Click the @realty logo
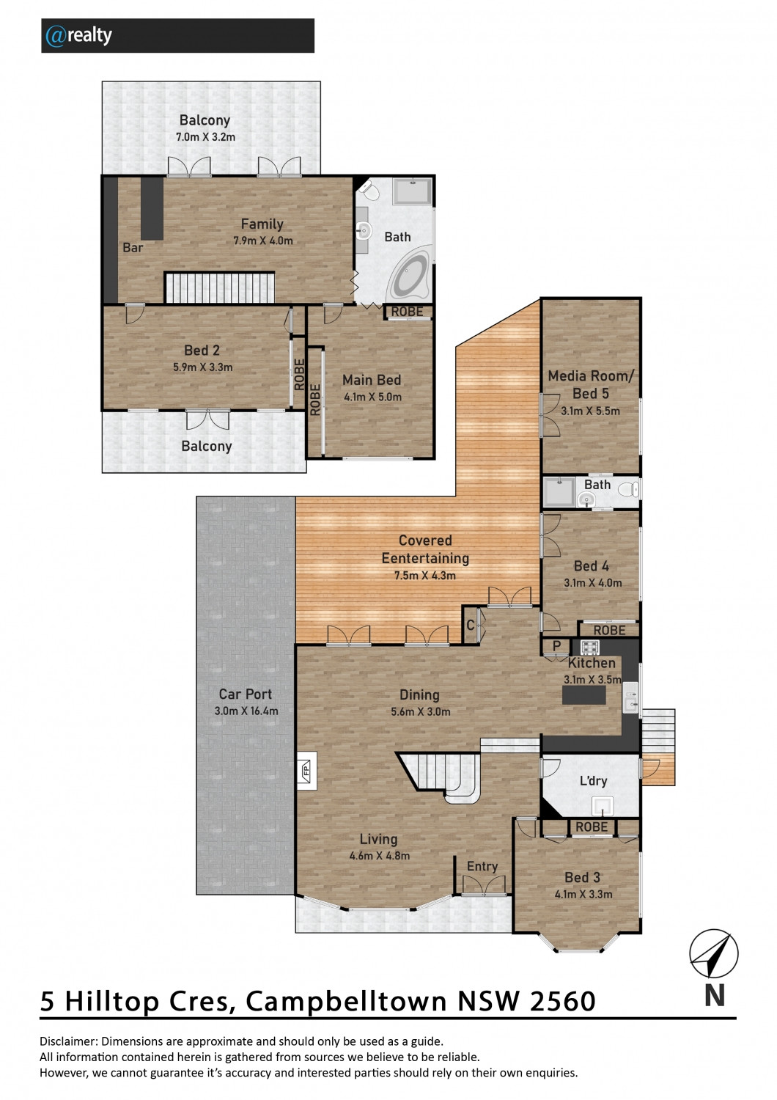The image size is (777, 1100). [78, 35]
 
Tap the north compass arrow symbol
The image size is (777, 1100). [714, 954]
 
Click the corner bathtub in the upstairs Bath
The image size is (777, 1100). [408, 276]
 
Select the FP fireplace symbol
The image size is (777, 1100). [306, 770]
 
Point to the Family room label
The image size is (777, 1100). [262, 224]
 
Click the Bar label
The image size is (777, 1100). [133, 247]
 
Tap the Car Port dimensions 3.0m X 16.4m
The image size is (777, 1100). [246, 711]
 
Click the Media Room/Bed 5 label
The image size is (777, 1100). [591, 384]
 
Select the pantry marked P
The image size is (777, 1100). [556, 646]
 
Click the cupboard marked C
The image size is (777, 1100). [470, 625]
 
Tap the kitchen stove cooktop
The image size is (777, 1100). [589, 648]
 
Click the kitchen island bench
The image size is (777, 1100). [583, 695]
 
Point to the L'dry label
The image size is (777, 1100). [593, 780]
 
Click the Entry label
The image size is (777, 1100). [482, 866]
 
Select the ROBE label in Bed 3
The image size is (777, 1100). [592, 827]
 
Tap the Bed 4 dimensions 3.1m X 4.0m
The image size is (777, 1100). [593, 583]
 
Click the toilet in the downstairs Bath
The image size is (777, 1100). [627, 490]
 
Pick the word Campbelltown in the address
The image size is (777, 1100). [346, 1002]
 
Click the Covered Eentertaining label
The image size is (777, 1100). [425, 549]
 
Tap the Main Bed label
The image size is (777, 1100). [372, 380]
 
